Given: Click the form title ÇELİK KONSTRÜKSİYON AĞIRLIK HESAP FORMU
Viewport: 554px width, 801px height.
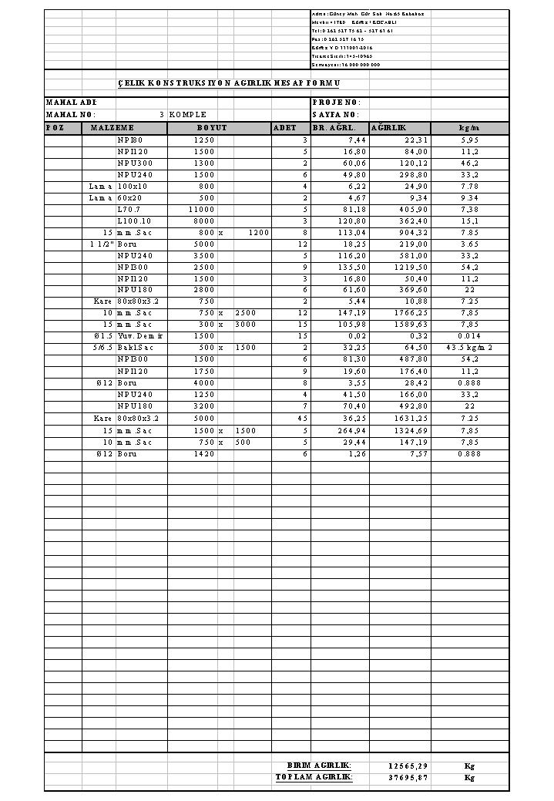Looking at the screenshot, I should click(x=228, y=83).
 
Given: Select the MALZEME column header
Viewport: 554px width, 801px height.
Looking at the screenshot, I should click(x=112, y=128).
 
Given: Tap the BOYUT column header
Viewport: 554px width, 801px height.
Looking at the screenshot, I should click(x=211, y=128).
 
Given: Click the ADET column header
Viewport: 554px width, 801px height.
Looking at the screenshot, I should click(x=284, y=128).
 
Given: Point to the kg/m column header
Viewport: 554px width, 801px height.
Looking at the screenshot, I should click(x=469, y=128).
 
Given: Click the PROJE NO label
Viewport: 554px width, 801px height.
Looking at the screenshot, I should click(x=336, y=103).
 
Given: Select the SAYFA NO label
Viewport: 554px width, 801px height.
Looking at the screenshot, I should click(x=336, y=115).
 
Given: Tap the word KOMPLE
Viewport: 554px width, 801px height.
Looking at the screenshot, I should click(x=188, y=115).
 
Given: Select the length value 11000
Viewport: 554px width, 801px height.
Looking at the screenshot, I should click(x=202, y=210).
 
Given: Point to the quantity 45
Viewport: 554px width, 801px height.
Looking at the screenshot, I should click(x=302, y=419).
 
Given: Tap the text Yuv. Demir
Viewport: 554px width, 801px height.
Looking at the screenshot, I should click(x=136, y=337).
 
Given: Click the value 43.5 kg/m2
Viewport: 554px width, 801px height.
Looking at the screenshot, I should click(x=469, y=348).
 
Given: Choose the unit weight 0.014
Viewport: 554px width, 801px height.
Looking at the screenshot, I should click(x=469, y=337).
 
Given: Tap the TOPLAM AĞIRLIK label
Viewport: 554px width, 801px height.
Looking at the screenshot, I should click(x=314, y=778).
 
